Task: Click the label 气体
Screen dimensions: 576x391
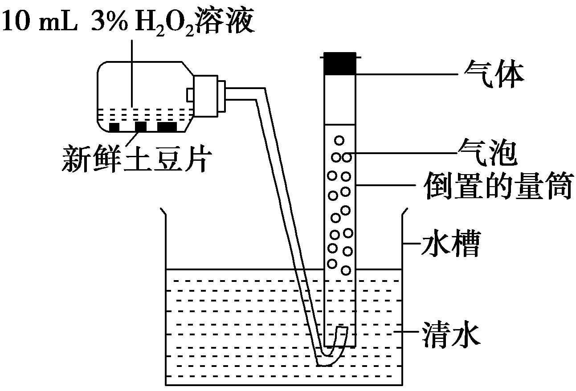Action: pyautogui.click(x=494, y=74)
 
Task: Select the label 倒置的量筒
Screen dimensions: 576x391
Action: pyautogui.click(x=499, y=186)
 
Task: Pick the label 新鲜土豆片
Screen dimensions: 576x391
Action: pyautogui.click(x=137, y=158)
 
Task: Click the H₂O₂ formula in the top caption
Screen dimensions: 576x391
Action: pyautogui.click(x=164, y=23)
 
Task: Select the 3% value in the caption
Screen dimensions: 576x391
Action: pyautogui.click(x=110, y=20)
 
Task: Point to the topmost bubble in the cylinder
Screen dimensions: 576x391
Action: pyautogui.click(x=339, y=140)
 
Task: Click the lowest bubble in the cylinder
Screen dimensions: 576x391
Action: pyautogui.click(x=346, y=270)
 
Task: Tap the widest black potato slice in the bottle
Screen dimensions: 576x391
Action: pyautogui.click(x=167, y=127)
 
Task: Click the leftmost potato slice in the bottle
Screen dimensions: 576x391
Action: pyautogui.click(x=114, y=127)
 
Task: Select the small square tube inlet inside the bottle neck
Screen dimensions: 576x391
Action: pyautogui.click(x=190, y=95)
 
